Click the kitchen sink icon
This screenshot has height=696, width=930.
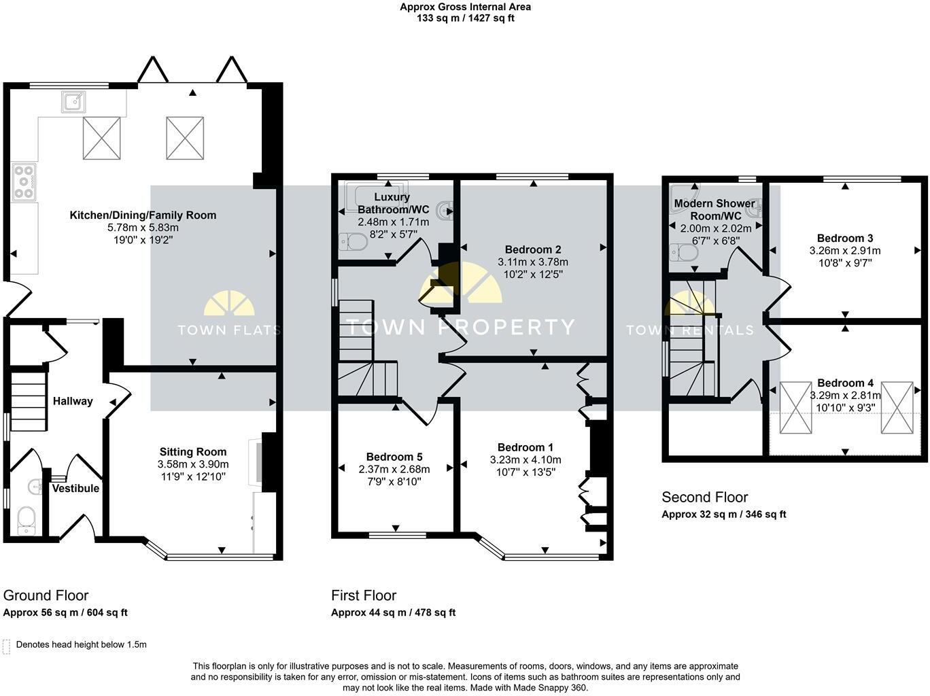[73, 102]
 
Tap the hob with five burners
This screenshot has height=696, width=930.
[24, 182]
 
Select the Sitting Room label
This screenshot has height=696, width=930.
[193, 451]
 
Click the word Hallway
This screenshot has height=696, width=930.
[73, 401]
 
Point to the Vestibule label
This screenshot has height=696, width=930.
[75, 489]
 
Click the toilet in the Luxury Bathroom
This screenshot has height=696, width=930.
[353, 242]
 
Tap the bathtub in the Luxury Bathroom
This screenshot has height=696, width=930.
[377, 196]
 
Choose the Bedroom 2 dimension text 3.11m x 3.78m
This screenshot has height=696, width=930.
[533, 262]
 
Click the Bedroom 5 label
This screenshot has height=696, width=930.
[394, 457]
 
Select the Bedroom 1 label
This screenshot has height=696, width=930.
[526, 447]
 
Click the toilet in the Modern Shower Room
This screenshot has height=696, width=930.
[684, 254]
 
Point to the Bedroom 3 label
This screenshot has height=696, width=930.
[845, 238]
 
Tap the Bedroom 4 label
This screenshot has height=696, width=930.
[845, 383]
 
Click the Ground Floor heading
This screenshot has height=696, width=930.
[46, 595]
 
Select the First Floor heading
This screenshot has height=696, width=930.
[364, 595]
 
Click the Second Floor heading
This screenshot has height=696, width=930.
[704, 497]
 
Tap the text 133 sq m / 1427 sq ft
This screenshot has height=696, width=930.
[465, 18]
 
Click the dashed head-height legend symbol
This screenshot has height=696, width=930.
[6, 647]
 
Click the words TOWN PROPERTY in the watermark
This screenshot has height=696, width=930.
[460, 327]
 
